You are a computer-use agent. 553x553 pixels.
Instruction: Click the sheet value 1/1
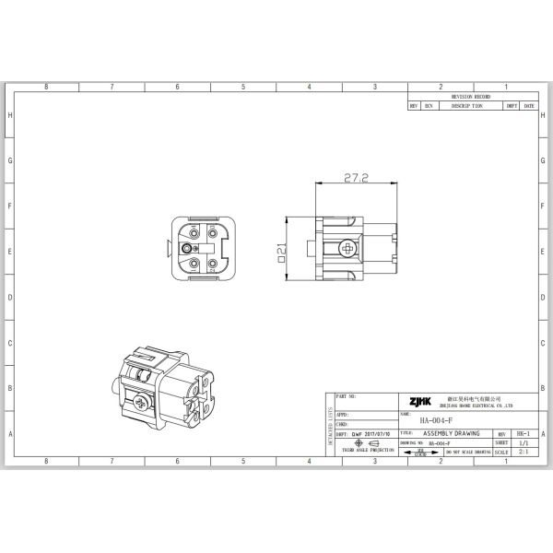point(524,442)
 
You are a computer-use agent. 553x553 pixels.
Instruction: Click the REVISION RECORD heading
point(471,96)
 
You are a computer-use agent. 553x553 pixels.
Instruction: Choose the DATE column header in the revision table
point(529,106)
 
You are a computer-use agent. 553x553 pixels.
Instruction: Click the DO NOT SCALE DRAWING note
point(467,453)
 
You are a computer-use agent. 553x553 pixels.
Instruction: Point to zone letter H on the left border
point(10,115)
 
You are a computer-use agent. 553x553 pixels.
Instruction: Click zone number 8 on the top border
point(46,86)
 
